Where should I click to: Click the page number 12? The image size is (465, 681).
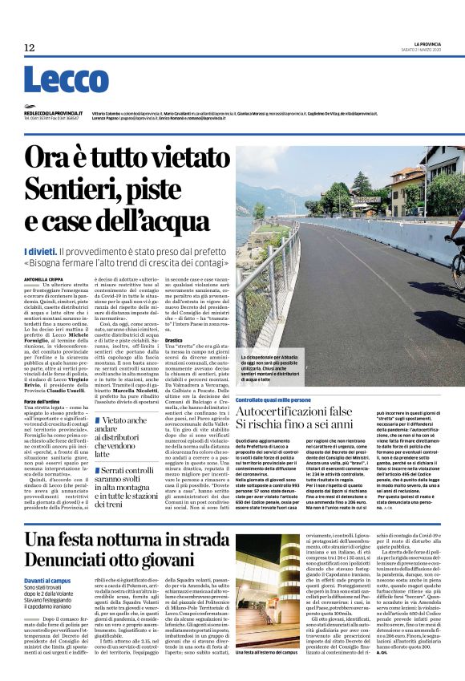[30, 48]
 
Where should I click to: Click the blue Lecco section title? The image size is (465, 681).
[55, 80]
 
